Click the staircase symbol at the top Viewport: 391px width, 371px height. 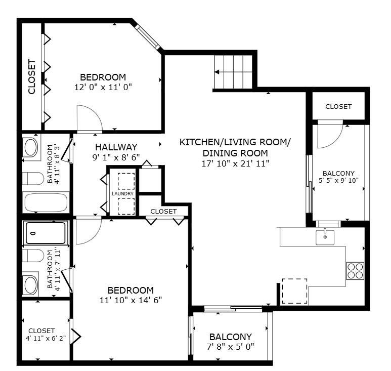point(233,71)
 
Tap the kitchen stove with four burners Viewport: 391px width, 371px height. point(356,271)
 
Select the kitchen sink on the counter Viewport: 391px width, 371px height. point(325,236)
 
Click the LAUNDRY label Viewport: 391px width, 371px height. point(123,194)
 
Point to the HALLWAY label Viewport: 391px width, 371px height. point(116,147)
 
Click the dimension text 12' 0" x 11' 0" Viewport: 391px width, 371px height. point(103,87)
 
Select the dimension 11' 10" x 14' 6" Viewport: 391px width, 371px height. point(131,300)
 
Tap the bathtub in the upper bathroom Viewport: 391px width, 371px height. point(46,203)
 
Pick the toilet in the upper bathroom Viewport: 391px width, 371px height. point(32,179)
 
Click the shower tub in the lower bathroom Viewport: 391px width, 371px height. point(46,233)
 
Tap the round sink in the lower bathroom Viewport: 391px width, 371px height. point(31,285)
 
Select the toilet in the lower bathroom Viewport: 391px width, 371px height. point(32,256)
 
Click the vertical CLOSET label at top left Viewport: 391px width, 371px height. point(32,77)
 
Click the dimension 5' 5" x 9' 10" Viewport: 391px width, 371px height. point(338,180)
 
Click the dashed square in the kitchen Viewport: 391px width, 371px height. point(294,291)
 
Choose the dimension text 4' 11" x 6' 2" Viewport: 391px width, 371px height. point(46,339)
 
